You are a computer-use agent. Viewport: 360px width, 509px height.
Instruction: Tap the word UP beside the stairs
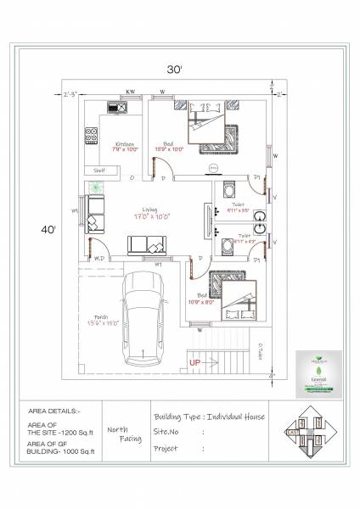tap(194, 362)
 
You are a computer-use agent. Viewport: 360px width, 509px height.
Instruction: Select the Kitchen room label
tap(125, 144)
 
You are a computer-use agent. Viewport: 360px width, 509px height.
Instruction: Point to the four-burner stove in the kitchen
tap(90, 134)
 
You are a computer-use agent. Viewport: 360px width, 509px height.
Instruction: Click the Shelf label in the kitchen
tap(98, 170)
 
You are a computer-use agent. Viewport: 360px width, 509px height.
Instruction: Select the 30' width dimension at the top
tap(175, 70)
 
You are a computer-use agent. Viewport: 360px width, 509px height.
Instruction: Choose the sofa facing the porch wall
tap(147, 246)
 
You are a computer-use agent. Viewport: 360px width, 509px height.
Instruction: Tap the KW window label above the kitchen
tap(131, 89)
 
